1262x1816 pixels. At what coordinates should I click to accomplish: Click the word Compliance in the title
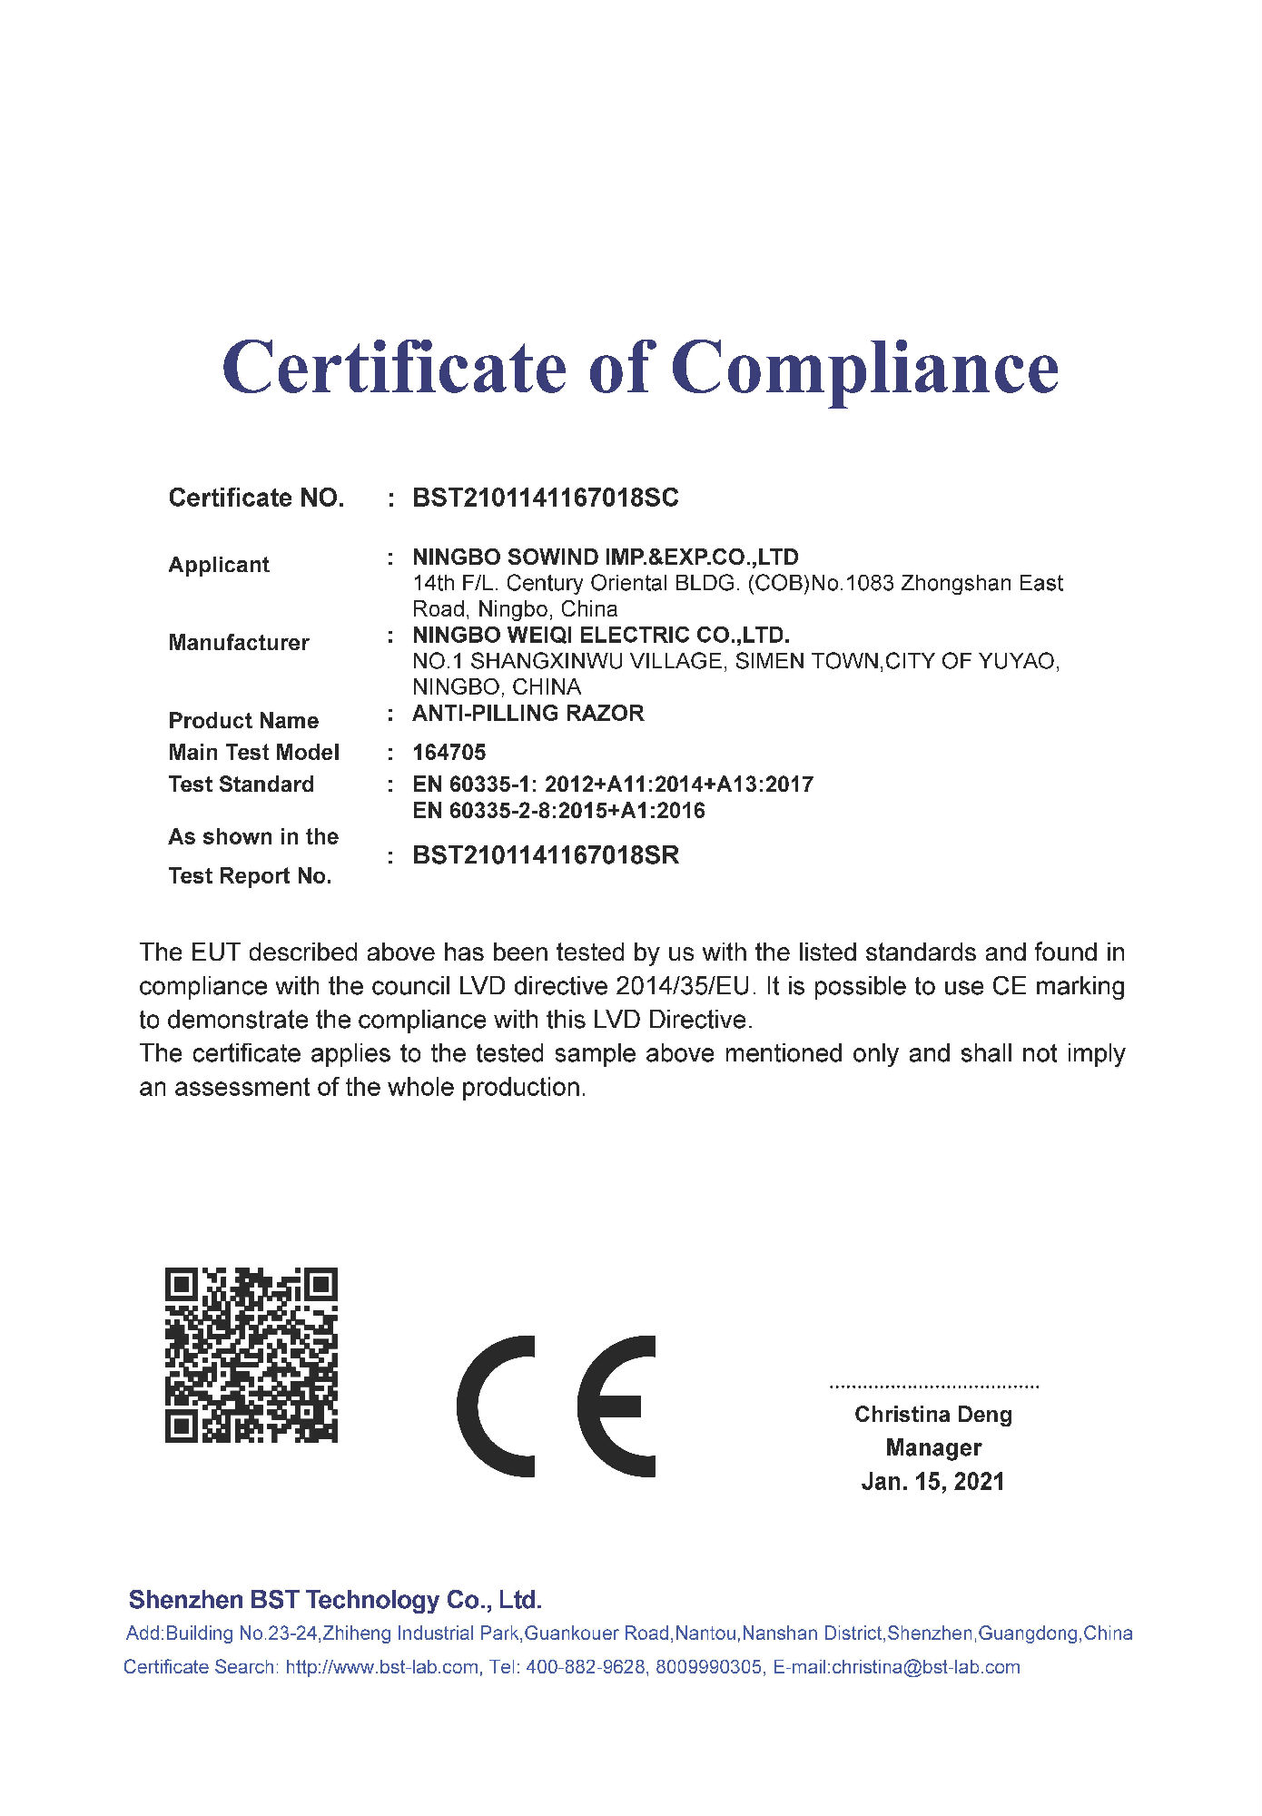pyautogui.click(x=864, y=369)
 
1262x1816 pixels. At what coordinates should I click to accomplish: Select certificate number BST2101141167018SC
pyautogui.click(x=546, y=498)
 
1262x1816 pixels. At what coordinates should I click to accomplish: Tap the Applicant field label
pyautogui.click(x=219, y=565)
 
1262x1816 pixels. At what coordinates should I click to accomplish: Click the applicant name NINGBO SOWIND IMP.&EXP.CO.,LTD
pyautogui.click(x=606, y=557)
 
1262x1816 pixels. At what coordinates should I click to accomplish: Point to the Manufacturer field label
pyautogui.click(x=239, y=643)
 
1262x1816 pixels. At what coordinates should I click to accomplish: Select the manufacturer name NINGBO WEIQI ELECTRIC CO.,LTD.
pyautogui.click(x=601, y=635)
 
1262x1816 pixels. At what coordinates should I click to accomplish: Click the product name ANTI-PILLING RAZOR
pyautogui.click(x=528, y=714)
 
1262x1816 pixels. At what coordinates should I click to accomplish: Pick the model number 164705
pyautogui.click(x=449, y=753)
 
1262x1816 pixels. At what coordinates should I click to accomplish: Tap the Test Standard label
pyautogui.click(x=242, y=785)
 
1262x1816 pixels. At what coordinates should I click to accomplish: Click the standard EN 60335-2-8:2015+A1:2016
pyautogui.click(x=558, y=811)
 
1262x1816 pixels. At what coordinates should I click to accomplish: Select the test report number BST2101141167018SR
pyautogui.click(x=546, y=855)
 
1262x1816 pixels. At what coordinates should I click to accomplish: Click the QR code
pyautogui.click(x=251, y=1355)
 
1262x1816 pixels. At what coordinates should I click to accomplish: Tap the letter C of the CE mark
pyautogui.click(x=497, y=1406)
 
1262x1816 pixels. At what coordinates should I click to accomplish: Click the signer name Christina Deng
pyautogui.click(x=933, y=1415)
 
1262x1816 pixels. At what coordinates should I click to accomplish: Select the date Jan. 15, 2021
pyautogui.click(x=933, y=1482)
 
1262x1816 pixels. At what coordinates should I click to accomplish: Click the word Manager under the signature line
pyautogui.click(x=933, y=1448)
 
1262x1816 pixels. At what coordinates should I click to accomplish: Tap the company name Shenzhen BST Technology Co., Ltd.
pyautogui.click(x=335, y=1600)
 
